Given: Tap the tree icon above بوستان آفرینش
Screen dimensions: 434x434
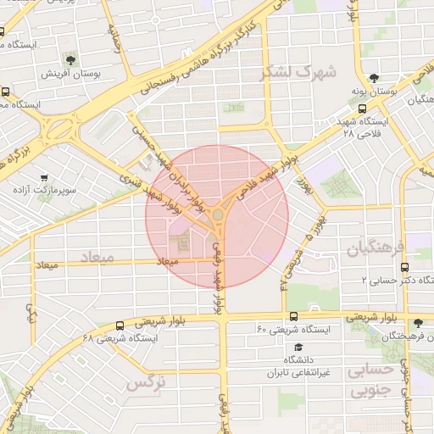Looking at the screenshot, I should point(70,60).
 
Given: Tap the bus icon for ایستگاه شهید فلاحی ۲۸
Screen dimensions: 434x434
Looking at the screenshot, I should point(363,108).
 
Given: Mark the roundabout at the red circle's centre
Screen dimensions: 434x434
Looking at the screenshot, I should point(218,215).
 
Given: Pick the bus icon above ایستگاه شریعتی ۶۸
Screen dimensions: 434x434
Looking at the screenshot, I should point(119,325).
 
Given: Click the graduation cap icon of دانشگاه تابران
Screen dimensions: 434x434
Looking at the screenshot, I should point(298,348).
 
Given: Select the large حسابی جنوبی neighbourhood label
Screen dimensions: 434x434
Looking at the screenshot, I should point(372,380).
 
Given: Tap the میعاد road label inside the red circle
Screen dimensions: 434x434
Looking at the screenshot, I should point(168,262).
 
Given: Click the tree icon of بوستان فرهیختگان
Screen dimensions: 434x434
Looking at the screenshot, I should point(417,323).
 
